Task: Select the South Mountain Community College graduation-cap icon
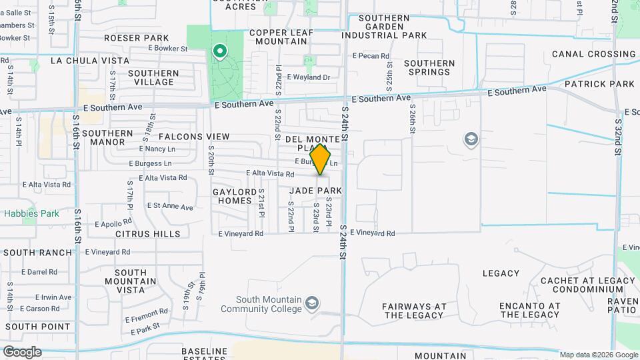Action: pyautogui.click(x=311, y=305)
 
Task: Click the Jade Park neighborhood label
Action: pyautogui.click(x=315, y=191)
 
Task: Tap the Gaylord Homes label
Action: pyautogui.click(x=235, y=196)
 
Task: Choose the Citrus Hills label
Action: pyautogui.click(x=147, y=234)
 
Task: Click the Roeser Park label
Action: pyautogui.click(x=140, y=38)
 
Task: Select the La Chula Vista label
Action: pyautogui.click(x=90, y=61)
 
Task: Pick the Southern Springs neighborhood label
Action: pyautogui.click(x=429, y=67)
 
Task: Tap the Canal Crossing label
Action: pyautogui.click(x=593, y=54)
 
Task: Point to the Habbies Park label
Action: pyautogui.click(x=31, y=214)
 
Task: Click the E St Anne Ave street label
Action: pyautogui.click(x=170, y=207)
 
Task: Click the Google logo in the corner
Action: pyautogui.click(x=22, y=352)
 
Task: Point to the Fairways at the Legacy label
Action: pyautogui.click(x=414, y=311)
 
